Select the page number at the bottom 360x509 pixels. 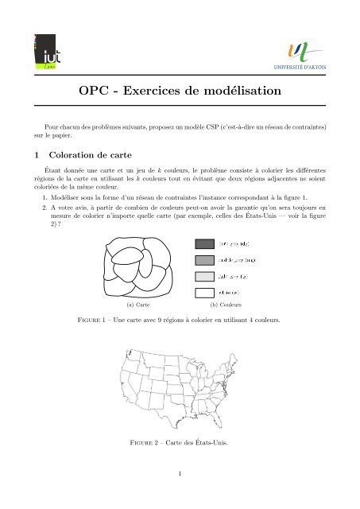click(x=180, y=476)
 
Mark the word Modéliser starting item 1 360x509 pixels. click(x=67, y=193)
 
